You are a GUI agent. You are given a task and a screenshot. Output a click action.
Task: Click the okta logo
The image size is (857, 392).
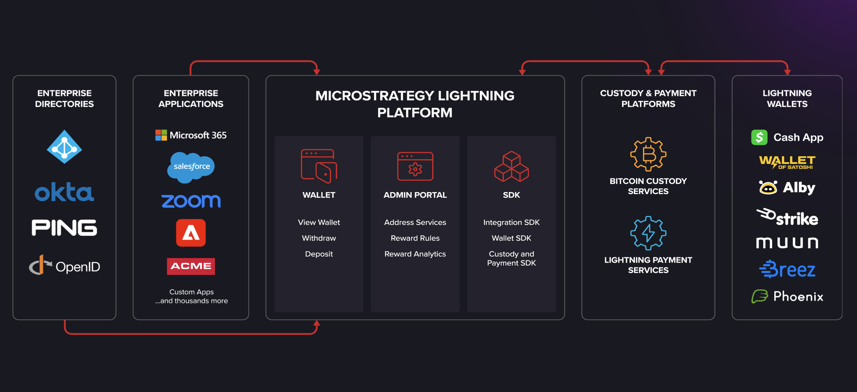tap(64, 192)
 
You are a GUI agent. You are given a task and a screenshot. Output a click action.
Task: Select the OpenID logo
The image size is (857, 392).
tap(64, 266)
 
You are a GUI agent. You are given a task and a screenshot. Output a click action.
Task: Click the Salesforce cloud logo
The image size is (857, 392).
tap(191, 167)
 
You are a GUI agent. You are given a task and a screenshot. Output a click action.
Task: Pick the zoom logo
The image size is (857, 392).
tap(191, 201)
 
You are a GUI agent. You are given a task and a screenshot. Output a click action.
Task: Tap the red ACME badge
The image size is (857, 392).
tap(191, 266)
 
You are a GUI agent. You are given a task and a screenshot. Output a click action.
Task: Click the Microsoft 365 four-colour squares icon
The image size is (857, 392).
tap(161, 135)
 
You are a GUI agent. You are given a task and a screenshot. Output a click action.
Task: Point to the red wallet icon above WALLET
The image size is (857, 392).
tap(319, 166)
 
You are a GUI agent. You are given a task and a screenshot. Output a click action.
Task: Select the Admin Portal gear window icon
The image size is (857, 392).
tap(415, 166)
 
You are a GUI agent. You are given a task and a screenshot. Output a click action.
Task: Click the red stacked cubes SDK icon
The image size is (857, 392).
tap(511, 166)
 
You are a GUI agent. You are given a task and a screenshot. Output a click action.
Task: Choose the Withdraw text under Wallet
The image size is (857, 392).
tap(319, 238)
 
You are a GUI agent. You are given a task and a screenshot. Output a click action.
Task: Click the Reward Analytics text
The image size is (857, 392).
tap(415, 254)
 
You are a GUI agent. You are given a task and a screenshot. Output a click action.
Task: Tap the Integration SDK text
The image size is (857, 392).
tap(511, 222)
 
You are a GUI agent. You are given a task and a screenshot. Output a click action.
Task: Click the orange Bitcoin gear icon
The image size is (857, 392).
tap(648, 154)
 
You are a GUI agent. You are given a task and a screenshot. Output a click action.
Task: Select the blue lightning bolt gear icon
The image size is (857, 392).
tap(648, 233)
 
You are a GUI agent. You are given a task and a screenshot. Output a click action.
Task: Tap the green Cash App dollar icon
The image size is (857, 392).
tap(759, 137)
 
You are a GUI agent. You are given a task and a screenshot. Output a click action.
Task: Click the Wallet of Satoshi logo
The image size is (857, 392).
tap(787, 162)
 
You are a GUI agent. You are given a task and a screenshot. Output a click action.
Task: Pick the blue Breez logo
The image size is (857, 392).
tap(787, 269)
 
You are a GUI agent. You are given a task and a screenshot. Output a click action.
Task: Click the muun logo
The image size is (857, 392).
tap(787, 243)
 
